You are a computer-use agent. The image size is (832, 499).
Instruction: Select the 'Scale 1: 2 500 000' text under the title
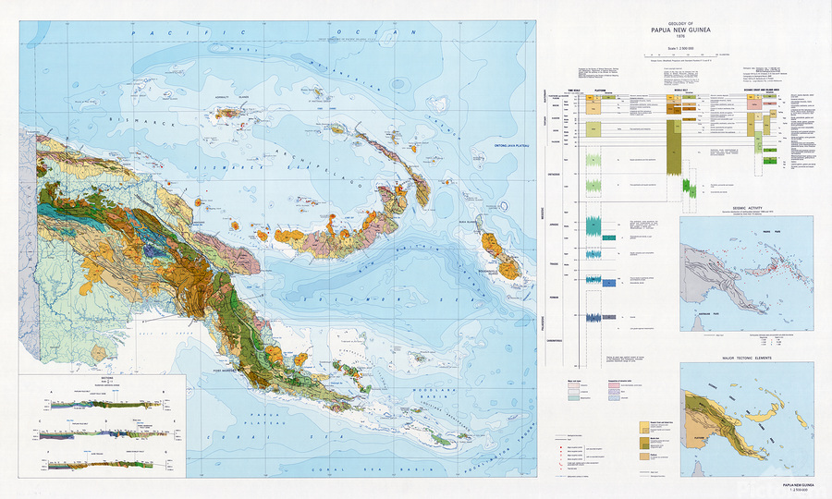pos(683,48)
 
